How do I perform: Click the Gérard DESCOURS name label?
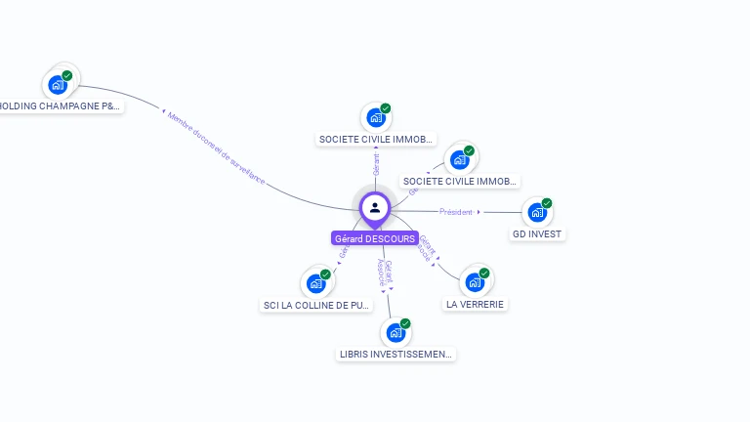[x=375, y=238]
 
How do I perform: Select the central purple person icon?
[x=375, y=207]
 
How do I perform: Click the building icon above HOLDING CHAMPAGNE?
[x=58, y=85]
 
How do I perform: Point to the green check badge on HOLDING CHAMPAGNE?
[x=67, y=75]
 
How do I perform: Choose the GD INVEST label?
[x=538, y=234]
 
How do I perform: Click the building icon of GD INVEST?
[x=536, y=212]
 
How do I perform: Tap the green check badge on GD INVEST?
[x=547, y=203]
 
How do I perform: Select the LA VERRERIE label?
[x=476, y=304]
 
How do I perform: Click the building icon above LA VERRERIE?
[x=475, y=282]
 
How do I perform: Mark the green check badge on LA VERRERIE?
[x=484, y=274]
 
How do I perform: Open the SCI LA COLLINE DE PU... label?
[x=317, y=305]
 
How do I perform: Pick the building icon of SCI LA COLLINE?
[x=315, y=283]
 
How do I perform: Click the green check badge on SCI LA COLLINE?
[x=325, y=274]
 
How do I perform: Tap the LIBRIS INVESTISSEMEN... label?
[x=396, y=354]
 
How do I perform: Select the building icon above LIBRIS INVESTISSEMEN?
[x=396, y=332]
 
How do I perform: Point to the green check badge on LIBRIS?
[x=405, y=323]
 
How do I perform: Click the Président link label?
[x=456, y=212]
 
